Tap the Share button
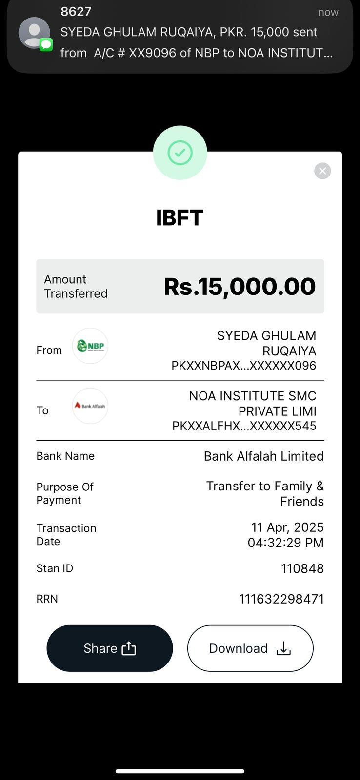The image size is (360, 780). coord(110,648)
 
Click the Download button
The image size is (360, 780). coord(250,648)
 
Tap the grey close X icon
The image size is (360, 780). coord(322,171)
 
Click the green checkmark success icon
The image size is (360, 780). coord(180,153)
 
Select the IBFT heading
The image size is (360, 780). coord(180,218)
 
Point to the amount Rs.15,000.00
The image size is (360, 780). coord(240,287)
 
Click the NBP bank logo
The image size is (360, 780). coord(90,346)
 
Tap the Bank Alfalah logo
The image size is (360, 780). coord(90,406)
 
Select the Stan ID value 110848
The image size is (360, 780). coord(302,568)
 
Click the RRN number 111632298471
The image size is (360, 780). coord(281,599)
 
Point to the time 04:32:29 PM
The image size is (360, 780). coord(286,543)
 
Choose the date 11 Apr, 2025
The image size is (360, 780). coord(287,527)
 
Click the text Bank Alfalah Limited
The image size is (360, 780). coord(264,456)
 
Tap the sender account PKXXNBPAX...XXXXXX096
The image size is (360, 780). coord(244,366)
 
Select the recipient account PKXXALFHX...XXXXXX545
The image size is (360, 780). coord(244,426)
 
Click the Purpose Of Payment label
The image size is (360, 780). coord(65,493)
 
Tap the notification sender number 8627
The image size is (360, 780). coord(76,12)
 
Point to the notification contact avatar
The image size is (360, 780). coord(34,33)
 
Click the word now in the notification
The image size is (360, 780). coord(328,12)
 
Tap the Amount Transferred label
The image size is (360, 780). coord(76,286)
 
